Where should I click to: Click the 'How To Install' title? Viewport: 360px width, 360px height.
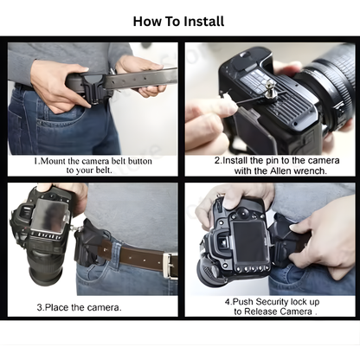coord(179,21)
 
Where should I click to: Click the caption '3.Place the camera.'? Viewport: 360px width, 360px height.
coord(79,307)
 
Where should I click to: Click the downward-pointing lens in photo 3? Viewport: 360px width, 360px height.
coord(43,265)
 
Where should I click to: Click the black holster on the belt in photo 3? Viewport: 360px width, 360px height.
coord(89,246)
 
